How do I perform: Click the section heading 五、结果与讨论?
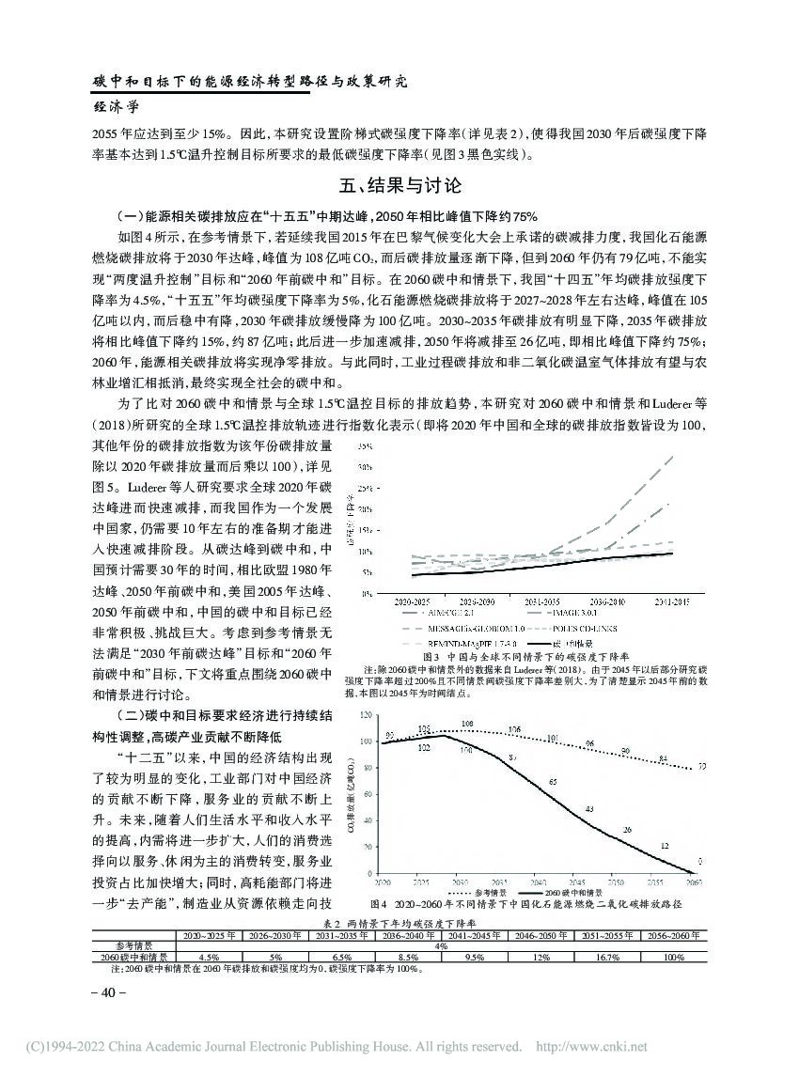(x=399, y=183)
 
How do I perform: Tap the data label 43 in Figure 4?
(x=589, y=808)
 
